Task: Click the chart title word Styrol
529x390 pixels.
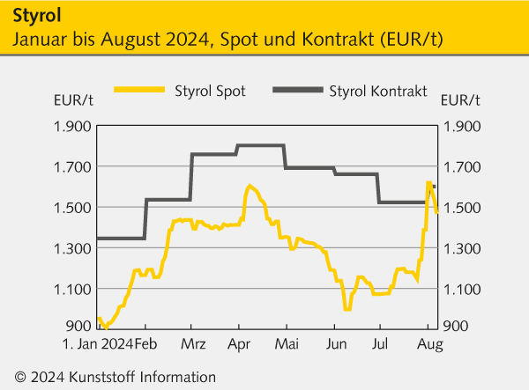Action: [x=38, y=16]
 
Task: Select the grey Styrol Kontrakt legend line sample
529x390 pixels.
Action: [x=297, y=90]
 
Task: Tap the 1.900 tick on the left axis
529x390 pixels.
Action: [x=72, y=126]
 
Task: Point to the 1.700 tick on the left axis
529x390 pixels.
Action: [x=72, y=166]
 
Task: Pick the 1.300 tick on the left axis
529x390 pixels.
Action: [x=72, y=248]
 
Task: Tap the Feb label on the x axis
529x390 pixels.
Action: [x=145, y=342]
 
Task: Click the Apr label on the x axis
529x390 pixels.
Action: [x=238, y=342]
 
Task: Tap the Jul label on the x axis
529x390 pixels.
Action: [x=380, y=342]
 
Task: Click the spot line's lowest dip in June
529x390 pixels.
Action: [x=347, y=309]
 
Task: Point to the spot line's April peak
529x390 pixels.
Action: [x=250, y=186]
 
